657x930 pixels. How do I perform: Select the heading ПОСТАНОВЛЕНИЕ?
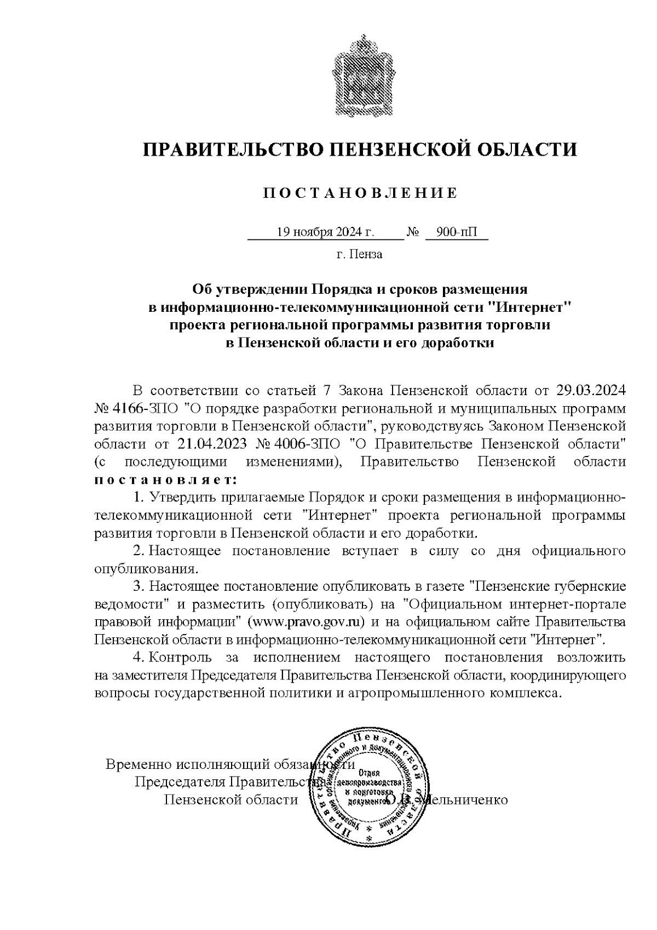[360, 193]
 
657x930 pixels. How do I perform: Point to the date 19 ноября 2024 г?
[325, 232]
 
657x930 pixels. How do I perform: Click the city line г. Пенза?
[360, 254]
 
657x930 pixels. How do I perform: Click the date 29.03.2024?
[591, 391]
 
